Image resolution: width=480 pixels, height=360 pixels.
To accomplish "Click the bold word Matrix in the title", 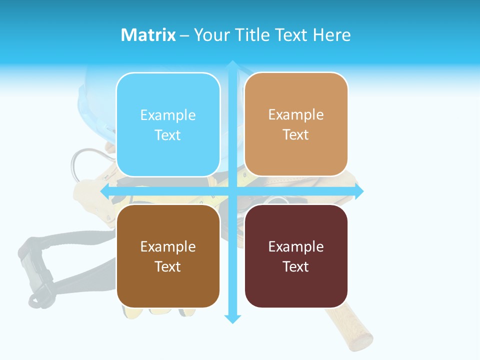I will pyautogui.click(x=148, y=35).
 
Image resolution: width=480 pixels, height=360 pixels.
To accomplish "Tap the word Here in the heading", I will pyautogui.click(x=331, y=35).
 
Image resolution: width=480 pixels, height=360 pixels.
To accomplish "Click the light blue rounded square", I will pyautogui.click(x=168, y=124).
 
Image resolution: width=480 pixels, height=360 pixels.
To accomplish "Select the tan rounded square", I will pyautogui.click(x=296, y=124).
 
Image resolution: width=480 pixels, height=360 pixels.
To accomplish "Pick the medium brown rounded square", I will pyautogui.click(x=168, y=256).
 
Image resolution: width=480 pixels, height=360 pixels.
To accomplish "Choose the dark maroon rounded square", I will pyautogui.click(x=296, y=256).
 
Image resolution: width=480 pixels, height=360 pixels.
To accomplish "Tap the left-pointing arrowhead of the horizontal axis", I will pyautogui.click(x=105, y=191).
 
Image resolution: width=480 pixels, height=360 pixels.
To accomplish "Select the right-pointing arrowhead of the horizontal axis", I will pyautogui.click(x=358, y=191).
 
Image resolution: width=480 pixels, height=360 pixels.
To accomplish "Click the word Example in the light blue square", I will pyautogui.click(x=168, y=115).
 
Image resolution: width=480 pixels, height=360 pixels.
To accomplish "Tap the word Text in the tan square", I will pyautogui.click(x=296, y=134).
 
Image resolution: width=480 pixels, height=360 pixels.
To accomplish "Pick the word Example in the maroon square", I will pyautogui.click(x=296, y=246).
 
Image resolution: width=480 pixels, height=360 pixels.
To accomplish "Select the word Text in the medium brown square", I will pyautogui.click(x=168, y=266).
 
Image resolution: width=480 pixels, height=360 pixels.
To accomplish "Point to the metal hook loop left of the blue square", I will pyautogui.click(x=80, y=165).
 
